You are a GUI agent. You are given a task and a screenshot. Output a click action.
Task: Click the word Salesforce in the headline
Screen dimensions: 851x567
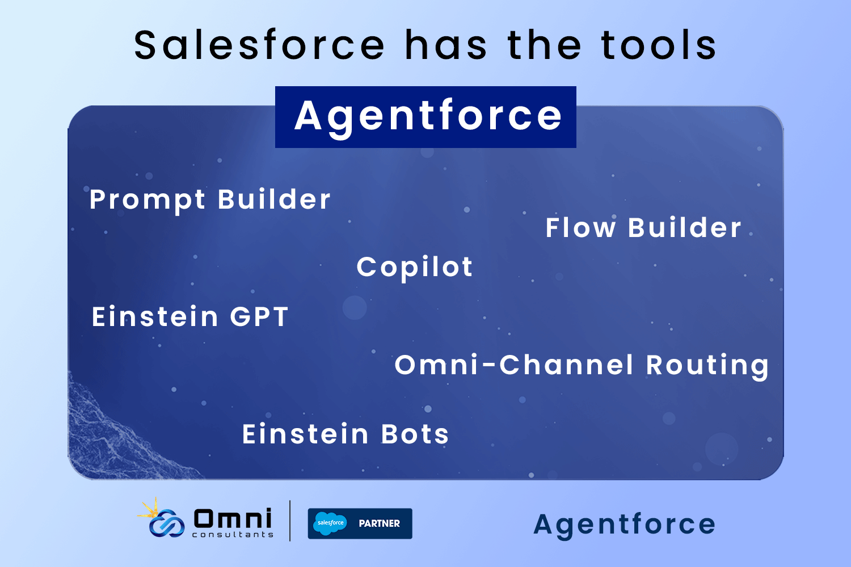259,45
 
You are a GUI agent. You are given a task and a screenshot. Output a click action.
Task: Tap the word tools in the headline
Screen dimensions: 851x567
658,45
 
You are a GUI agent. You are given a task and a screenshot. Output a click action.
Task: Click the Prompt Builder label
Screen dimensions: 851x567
210,200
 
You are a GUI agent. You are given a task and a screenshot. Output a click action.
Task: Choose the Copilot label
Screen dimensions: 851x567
415,268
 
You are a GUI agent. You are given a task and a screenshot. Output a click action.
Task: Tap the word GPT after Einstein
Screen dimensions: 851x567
259,316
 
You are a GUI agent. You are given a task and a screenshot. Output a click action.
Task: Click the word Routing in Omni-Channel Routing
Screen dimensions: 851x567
707,366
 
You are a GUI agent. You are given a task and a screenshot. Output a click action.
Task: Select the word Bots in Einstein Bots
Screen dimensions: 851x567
415,434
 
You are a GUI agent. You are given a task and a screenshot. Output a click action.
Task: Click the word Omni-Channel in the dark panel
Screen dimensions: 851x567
513,365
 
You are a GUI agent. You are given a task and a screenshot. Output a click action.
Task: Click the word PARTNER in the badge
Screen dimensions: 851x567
379,523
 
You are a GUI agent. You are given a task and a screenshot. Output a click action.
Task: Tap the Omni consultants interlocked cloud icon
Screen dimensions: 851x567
167,523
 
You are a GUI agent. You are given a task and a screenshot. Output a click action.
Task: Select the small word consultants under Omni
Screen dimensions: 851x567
233,535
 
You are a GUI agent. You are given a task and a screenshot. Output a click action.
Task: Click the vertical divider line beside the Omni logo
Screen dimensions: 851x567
290,521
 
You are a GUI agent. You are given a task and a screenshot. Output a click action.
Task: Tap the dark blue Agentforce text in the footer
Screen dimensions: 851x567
624,526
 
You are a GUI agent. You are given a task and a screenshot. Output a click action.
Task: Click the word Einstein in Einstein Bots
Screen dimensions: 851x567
305,434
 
